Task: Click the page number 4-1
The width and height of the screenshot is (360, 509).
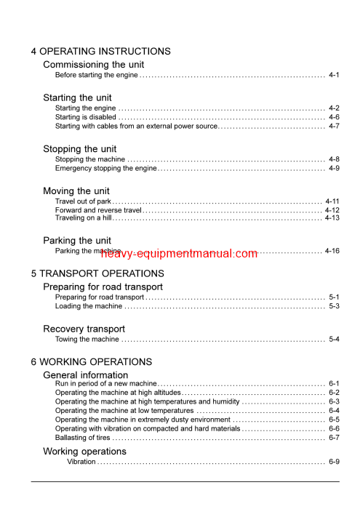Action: (x=334, y=75)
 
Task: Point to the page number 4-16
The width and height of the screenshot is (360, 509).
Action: (x=332, y=251)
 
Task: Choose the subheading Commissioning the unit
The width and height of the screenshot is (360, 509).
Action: (x=94, y=65)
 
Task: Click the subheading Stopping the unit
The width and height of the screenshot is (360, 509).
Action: (x=80, y=149)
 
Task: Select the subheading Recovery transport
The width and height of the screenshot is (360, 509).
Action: (x=84, y=329)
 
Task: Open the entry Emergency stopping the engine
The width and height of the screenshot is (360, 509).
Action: (x=106, y=168)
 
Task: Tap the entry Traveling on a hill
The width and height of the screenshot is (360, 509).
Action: (x=84, y=217)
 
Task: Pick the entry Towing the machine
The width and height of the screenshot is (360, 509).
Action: (x=87, y=339)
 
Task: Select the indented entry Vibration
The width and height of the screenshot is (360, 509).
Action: (x=81, y=462)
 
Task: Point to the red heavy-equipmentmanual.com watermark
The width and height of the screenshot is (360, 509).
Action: (x=179, y=254)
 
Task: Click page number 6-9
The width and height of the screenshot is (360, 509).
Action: (x=334, y=462)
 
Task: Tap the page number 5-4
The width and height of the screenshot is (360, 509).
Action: (x=334, y=339)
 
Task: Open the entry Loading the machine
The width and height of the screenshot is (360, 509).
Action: (x=89, y=306)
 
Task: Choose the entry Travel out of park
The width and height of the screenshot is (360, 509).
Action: (x=83, y=201)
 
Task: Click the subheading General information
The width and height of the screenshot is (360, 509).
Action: (x=86, y=375)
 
